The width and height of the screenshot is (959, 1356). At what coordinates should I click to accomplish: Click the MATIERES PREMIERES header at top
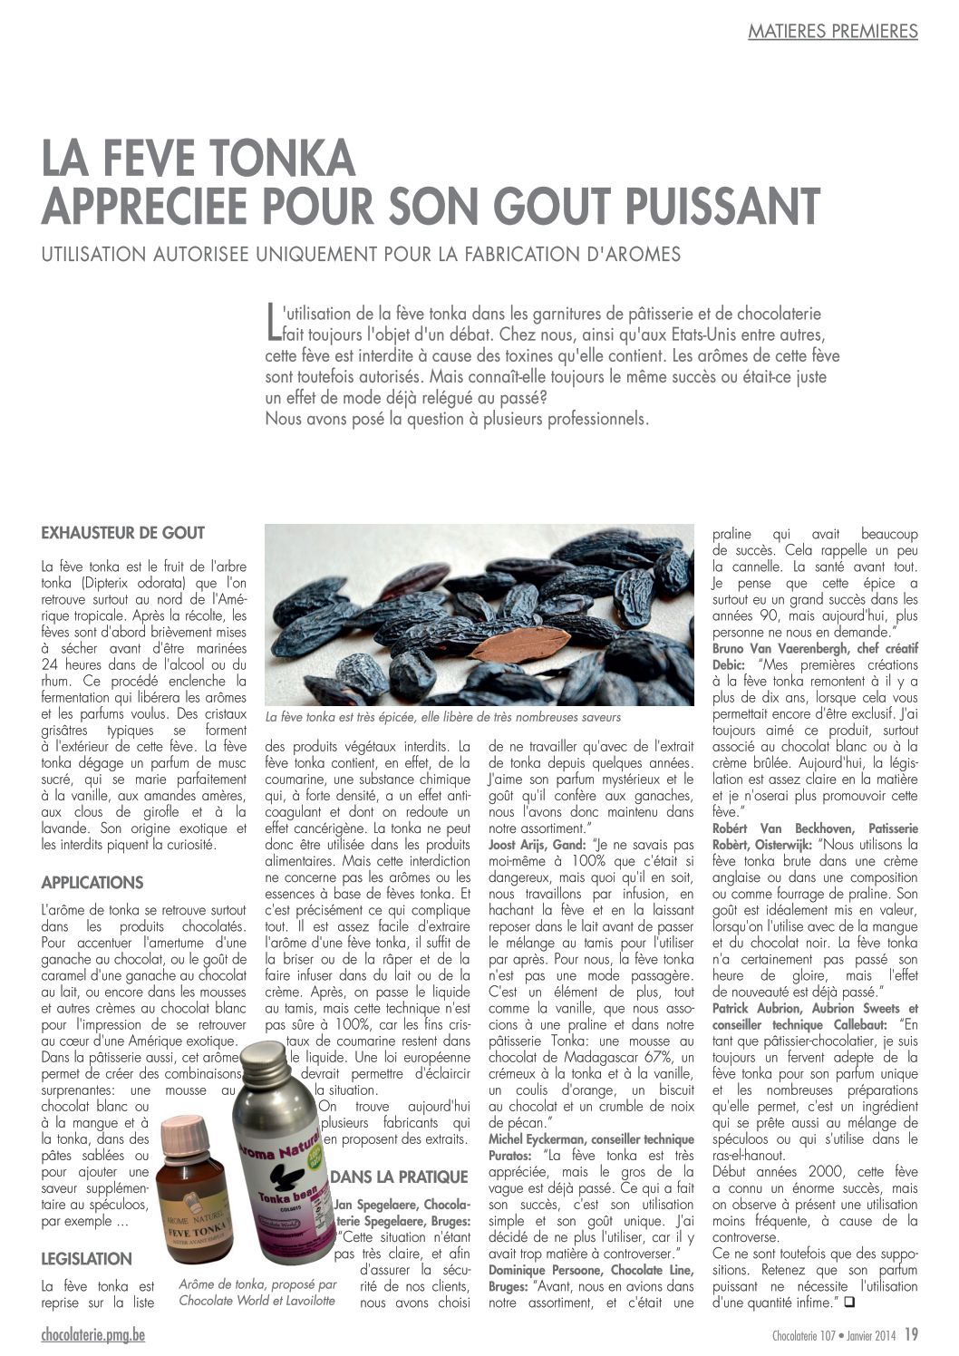point(832,32)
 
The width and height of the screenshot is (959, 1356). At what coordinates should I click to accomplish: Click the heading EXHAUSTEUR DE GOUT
point(122,533)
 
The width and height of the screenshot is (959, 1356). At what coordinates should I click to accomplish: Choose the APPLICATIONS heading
point(92,882)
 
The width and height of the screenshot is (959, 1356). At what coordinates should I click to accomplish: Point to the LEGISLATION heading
point(87,1258)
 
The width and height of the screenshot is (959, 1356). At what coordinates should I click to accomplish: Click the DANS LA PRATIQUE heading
point(399,1177)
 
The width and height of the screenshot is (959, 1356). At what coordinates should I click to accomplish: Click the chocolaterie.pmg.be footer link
point(92,1334)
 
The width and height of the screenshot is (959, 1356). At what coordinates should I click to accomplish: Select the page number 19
point(911,1334)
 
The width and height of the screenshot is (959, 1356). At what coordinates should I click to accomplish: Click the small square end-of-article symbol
point(849,1303)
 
